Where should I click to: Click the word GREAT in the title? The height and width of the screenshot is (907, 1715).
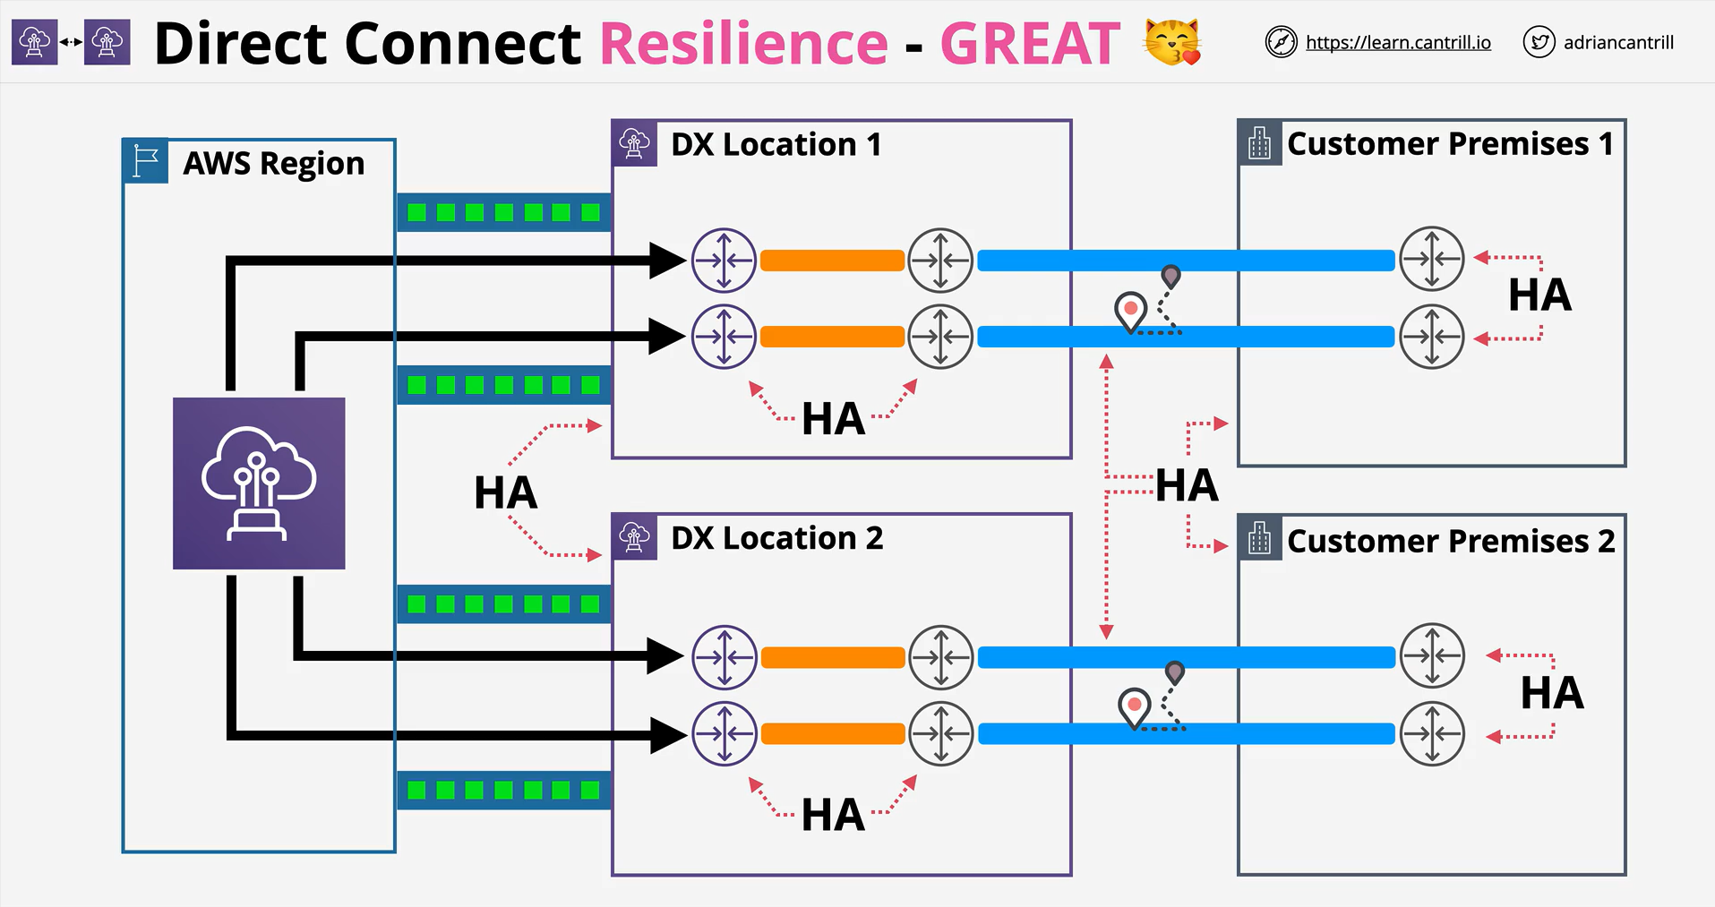pyautogui.click(x=1030, y=43)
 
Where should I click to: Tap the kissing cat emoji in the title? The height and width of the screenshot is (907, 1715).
pyautogui.click(x=1172, y=42)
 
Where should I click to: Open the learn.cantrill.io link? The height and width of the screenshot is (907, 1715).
pyautogui.click(x=1398, y=42)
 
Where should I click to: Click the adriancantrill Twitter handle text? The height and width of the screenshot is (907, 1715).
pyautogui.click(x=1618, y=42)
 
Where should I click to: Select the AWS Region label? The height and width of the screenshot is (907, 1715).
pyautogui.click(x=274, y=163)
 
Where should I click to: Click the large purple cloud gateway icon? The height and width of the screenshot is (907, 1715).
pyautogui.click(x=259, y=483)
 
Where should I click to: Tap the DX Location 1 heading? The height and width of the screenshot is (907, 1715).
pyautogui.click(x=776, y=144)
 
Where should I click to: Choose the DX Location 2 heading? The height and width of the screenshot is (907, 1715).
pyautogui.click(x=776, y=538)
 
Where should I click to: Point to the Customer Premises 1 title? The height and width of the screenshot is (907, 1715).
pyautogui.click(x=1450, y=143)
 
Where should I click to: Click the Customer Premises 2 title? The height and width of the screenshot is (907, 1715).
pyautogui.click(x=1451, y=541)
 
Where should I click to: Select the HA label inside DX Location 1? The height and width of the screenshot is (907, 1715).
pyautogui.click(x=833, y=418)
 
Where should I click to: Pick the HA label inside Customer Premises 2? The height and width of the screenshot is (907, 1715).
pyautogui.click(x=1552, y=693)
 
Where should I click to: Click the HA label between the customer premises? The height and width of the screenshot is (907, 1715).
pyautogui.click(x=1187, y=485)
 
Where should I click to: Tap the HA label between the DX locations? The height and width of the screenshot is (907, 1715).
pyautogui.click(x=505, y=492)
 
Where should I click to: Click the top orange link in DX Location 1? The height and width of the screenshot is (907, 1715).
pyautogui.click(x=832, y=261)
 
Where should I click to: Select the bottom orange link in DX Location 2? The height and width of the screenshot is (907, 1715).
pyautogui.click(x=833, y=734)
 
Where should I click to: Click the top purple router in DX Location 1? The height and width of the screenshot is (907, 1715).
pyautogui.click(x=724, y=261)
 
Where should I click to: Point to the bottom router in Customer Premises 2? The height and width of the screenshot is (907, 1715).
pyautogui.click(x=1432, y=733)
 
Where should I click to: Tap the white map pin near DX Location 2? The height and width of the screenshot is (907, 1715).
pyautogui.click(x=1135, y=707)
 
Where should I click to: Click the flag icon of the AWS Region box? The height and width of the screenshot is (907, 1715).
pyautogui.click(x=145, y=162)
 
